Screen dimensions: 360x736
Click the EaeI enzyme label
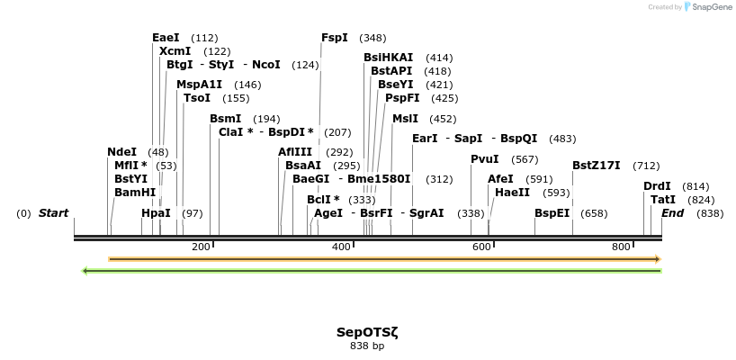(x=166, y=38)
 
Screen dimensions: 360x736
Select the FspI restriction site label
(x=335, y=38)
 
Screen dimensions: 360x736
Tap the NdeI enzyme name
(x=121, y=152)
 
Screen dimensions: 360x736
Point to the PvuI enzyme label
(x=485, y=159)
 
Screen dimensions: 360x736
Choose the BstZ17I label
(x=597, y=166)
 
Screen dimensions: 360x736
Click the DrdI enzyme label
(x=657, y=186)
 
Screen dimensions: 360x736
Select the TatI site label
(x=663, y=200)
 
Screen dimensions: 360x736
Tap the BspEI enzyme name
(x=552, y=213)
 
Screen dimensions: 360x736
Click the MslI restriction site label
(x=405, y=118)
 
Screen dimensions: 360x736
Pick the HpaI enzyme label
(x=156, y=213)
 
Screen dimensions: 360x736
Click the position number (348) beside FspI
(x=372, y=38)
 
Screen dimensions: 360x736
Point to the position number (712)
(x=646, y=166)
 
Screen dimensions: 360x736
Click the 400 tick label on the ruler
(x=342, y=247)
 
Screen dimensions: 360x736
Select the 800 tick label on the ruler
(x=621, y=247)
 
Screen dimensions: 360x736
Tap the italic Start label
(x=53, y=213)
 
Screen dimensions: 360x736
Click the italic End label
(x=673, y=213)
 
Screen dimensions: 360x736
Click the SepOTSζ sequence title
(x=367, y=331)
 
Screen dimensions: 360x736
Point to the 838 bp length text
(x=367, y=346)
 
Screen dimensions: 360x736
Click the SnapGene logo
(x=711, y=7)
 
